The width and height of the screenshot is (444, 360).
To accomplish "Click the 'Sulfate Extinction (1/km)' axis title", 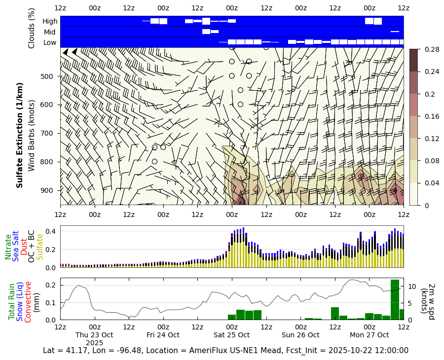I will point(20,143).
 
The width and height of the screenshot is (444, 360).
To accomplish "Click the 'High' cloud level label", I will point(50,21).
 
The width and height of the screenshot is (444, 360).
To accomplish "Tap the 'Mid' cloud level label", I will point(50,32).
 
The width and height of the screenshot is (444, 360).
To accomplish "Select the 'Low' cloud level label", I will point(50,42).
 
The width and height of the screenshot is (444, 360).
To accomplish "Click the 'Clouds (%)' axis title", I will point(32,28).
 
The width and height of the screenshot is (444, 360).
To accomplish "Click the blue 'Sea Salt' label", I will point(16,246).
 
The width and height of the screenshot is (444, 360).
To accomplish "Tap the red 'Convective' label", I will point(28,302).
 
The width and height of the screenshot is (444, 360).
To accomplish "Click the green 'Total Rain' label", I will point(12,301).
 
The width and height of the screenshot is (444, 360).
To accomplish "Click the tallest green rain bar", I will point(395,299).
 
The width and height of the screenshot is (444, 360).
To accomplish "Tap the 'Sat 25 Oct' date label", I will point(232,335).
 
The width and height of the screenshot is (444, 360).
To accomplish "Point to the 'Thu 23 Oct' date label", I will point(94,335).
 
